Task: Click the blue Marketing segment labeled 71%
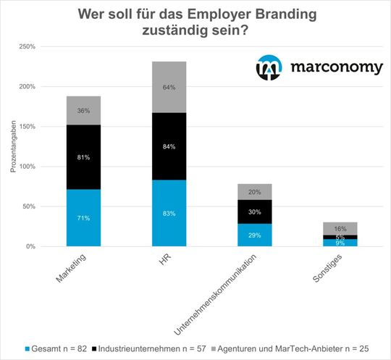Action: click(x=83, y=217)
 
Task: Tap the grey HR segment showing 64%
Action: click(x=169, y=87)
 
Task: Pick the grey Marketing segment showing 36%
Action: click(x=83, y=110)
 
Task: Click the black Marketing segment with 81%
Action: click(x=83, y=156)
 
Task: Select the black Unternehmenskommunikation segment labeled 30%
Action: click(x=255, y=212)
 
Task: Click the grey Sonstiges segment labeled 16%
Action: click(x=340, y=227)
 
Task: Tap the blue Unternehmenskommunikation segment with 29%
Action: click(x=255, y=235)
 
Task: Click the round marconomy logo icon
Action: click(x=270, y=67)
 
